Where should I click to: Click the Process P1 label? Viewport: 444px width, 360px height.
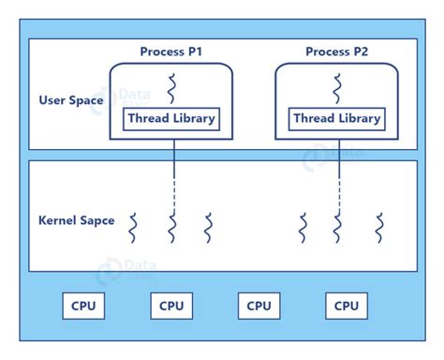[x=171, y=51]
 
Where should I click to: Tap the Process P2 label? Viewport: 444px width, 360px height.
[x=336, y=51]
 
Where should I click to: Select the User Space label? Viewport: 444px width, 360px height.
[x=71, y=100]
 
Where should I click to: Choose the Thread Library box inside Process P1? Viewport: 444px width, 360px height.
[x=171, y=118]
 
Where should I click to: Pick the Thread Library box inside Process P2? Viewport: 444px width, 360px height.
[x=337, y=118]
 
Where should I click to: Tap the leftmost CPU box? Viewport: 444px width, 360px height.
[x=83, y=306]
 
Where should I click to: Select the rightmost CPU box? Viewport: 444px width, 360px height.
[x=347, y=306]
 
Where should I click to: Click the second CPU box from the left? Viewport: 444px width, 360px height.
[x=171, y=306]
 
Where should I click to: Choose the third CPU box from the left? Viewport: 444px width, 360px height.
[x=259, y=306]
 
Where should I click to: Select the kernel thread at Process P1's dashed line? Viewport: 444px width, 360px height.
[x=172, y=227]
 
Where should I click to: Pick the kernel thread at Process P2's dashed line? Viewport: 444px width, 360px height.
[x=338, y=227]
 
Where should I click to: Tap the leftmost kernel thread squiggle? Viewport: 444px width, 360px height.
[x=134, y=227]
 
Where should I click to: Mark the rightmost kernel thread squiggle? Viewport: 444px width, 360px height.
[x=379, y=227]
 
